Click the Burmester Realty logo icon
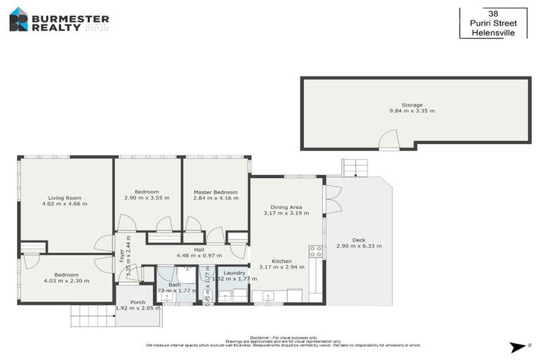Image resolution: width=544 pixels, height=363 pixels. [x=18, y=19]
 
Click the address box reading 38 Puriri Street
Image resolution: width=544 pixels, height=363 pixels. [x=493, y=23]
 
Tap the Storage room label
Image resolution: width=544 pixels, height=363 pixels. [x=412, y=105]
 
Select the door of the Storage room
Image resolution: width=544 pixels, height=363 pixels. [x=389, y=141]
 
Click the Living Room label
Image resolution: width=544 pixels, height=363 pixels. [x=64, y=198]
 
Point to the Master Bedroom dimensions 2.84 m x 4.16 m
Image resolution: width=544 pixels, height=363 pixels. [x=215, y=198]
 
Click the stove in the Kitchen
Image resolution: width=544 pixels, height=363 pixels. [x=315, y=251]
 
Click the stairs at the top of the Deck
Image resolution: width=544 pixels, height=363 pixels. [x=356, y=167]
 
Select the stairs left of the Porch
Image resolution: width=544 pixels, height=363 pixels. [x=92, y=315]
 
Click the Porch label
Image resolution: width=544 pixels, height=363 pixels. [x=137, y=302]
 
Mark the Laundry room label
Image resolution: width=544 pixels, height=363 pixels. [x=234, y=273]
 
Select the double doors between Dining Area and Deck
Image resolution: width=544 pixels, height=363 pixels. [x=330, y=199]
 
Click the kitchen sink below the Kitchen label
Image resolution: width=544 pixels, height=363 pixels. [x=267, y=296]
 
